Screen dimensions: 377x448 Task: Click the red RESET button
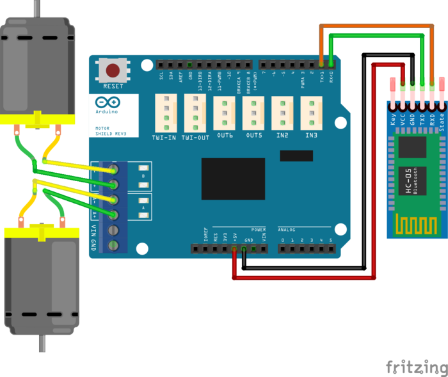coord(113,70)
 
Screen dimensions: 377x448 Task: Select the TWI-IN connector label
coord(164,137)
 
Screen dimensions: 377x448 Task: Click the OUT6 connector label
coord(225,136)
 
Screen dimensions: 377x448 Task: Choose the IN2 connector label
coord(282,136)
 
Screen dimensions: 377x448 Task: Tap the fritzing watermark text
coord(417,367)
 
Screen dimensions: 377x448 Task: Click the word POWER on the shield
coord(258,229)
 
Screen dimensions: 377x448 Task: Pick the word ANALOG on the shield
coord(287,229)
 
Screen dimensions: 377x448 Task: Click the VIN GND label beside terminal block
coord(93,237)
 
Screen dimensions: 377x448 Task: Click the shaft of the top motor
coord(40,8)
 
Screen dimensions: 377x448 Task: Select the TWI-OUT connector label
coord(195,137)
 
